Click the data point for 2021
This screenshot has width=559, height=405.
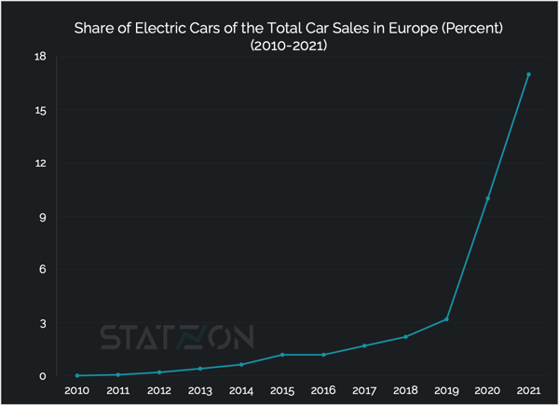pos(528,74)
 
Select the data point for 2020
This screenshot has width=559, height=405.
pos(487,198)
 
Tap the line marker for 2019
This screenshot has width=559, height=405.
pos(446,319)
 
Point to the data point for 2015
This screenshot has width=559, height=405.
pos(282,355)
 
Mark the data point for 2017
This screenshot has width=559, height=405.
pos(364,345)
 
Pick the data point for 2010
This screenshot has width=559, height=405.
pos(77,375)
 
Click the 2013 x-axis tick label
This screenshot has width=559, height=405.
pos(200,391)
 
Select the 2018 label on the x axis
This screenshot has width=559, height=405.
pos(405,391)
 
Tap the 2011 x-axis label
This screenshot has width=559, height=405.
pos(118,391)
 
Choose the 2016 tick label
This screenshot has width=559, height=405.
pos(323,391)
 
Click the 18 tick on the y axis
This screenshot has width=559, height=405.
pos(39,57)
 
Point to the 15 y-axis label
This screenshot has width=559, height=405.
pos(39,110)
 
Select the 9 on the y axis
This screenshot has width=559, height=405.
pos(42,217)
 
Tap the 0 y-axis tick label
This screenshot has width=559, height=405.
pos(42,376)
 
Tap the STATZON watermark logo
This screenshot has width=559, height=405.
pos(183,336)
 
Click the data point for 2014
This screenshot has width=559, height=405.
pos(241,364)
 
